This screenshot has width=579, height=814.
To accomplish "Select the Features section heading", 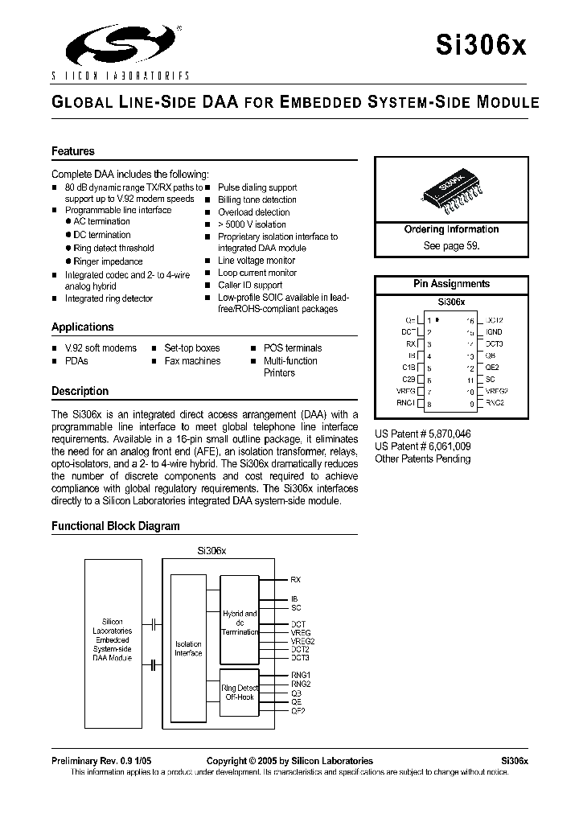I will (73, 151).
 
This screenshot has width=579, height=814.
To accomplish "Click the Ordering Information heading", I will (451, 229).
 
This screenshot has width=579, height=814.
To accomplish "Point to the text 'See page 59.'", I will (451, 246).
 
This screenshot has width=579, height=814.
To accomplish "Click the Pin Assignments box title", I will (451, 284).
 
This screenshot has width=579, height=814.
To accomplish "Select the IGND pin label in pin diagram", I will (494, 331).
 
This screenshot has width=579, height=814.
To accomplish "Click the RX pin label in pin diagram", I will (411, 343).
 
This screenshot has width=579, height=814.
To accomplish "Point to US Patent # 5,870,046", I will (423, 434).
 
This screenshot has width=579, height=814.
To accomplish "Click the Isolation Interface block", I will (188, 648).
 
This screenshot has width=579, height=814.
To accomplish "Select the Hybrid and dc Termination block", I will (240, 623).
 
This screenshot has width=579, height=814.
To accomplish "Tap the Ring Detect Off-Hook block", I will (240, 693).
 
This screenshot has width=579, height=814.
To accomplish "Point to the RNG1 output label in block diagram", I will (300, 674).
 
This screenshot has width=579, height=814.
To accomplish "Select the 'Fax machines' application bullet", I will (192, 361).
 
